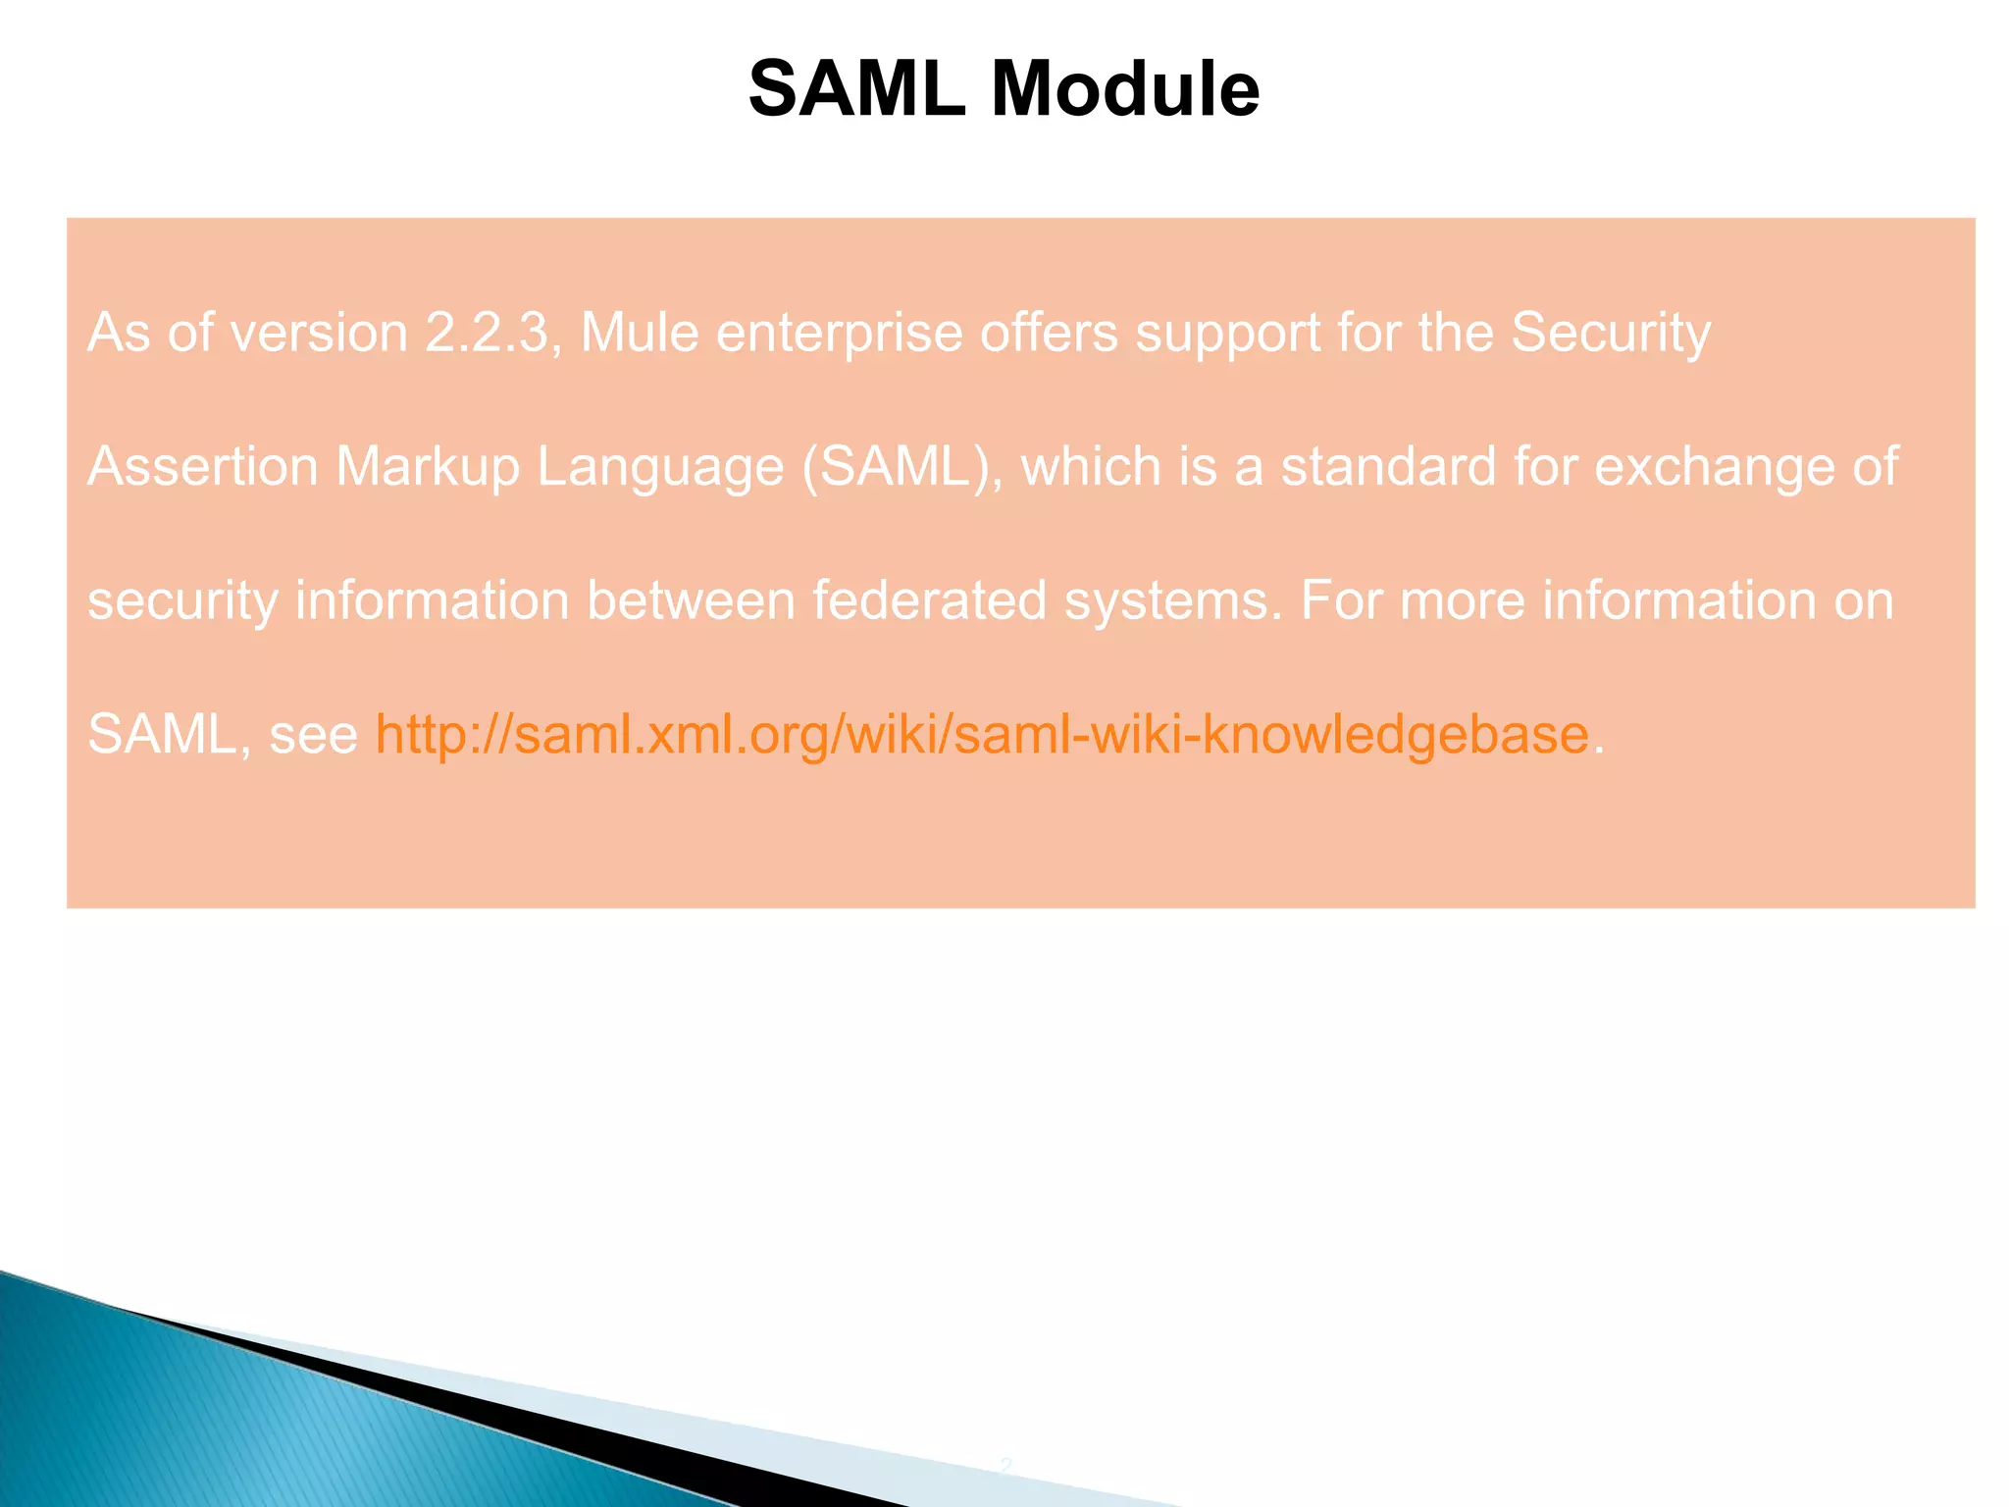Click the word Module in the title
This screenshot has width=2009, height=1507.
point(1125,89)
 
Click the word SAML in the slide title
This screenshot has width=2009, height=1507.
point(856,89)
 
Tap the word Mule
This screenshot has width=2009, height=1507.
point(640,333)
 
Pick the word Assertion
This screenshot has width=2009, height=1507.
point(203,466)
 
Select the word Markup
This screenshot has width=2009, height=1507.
point(427,468)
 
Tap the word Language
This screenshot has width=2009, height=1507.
point(660,468)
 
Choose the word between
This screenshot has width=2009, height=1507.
point(691,600)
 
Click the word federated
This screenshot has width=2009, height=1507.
point(929,600)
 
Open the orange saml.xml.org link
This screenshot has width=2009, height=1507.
point(982,734)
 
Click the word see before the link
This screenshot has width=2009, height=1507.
point(314,736)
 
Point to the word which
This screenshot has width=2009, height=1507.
point(1091,466)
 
